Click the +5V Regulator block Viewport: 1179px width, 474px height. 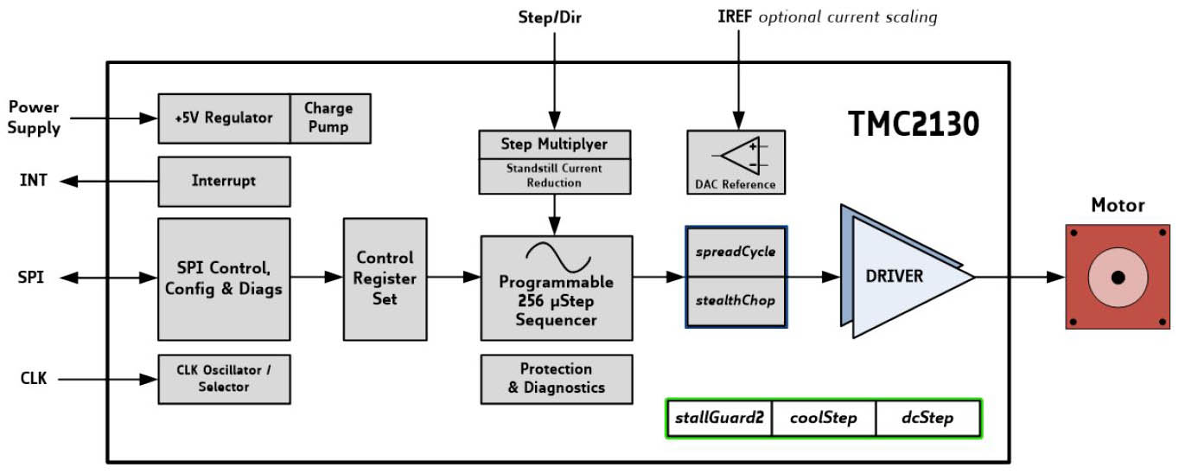(224, 118)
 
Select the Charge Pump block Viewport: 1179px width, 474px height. (329, 118)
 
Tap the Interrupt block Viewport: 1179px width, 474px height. (224, 181)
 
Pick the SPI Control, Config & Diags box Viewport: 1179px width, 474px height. (224, 279)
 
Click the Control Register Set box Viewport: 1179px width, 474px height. (385, 279)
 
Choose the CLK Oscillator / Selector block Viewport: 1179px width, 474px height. (224, 378)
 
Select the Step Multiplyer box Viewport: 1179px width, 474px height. (555, 144)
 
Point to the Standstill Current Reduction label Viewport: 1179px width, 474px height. (555, 176)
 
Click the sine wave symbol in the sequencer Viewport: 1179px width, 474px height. (558, 257)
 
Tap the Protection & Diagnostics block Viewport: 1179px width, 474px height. (556, 379)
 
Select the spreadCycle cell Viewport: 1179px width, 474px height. (736, 253)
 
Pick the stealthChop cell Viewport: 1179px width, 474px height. (736, 301)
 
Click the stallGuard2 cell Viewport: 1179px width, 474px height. (719, 419)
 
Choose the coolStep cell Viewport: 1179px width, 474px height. (824, 419)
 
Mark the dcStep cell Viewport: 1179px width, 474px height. (927, 419)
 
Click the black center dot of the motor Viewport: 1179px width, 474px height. (1118, 278)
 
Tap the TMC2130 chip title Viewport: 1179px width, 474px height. (913, 125)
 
